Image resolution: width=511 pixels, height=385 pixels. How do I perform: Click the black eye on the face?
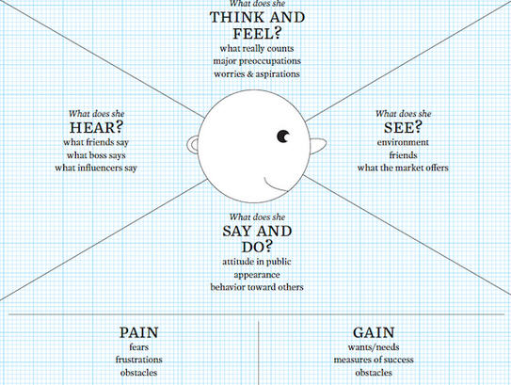[283, 136]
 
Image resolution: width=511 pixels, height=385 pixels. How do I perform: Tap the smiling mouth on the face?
[275, 186]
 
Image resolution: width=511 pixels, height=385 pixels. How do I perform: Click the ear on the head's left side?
[193, 144]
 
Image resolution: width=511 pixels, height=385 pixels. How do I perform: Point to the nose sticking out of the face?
[317, 146]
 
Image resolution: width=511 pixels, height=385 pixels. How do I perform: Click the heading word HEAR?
[96, 127]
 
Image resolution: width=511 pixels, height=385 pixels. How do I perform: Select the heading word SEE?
[403, 127]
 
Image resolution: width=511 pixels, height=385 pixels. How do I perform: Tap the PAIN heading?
[139, 333]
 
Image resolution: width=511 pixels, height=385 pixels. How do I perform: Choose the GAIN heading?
[374, 333]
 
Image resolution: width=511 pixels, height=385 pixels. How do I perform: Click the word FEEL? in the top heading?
[257, 34]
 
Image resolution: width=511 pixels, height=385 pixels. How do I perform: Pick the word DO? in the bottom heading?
[257, 247]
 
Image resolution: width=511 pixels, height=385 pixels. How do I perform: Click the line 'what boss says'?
[96, 155]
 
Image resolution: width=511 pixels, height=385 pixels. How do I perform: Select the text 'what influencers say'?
[96, 168]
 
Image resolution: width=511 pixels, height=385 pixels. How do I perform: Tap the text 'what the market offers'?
[403, 168]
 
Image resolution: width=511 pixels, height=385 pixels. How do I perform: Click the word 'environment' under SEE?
[403, 142]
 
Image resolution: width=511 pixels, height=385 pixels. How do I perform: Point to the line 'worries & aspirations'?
[257, 74]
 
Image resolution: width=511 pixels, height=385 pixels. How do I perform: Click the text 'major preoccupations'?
[257, 61]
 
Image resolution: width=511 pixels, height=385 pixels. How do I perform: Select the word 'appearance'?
[257, 275]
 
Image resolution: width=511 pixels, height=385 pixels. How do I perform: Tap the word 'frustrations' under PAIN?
[139, 360]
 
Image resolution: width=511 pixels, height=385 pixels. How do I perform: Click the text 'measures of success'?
[374, 360]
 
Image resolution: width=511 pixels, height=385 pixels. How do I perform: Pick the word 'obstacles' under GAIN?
[374, 373]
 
